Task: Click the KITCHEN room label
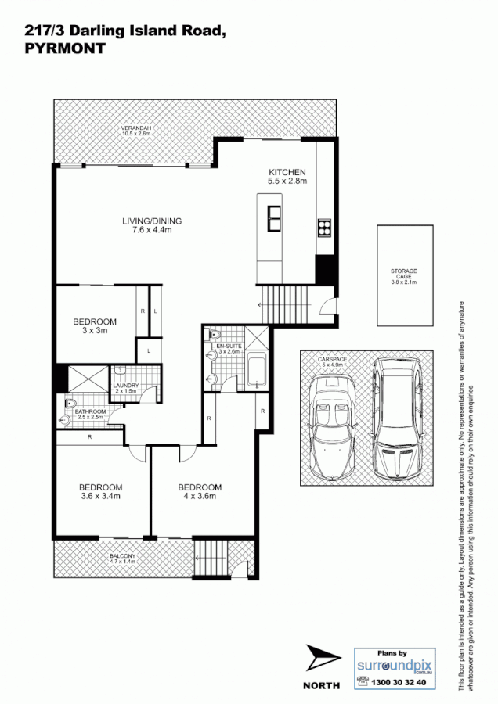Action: coord(287,177)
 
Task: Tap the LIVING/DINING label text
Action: coord(151,225)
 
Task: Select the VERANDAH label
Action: coord(135,131)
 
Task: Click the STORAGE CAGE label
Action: coord(404,276)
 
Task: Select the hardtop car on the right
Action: coord(396,419)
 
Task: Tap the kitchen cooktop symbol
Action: coord(323,228)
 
